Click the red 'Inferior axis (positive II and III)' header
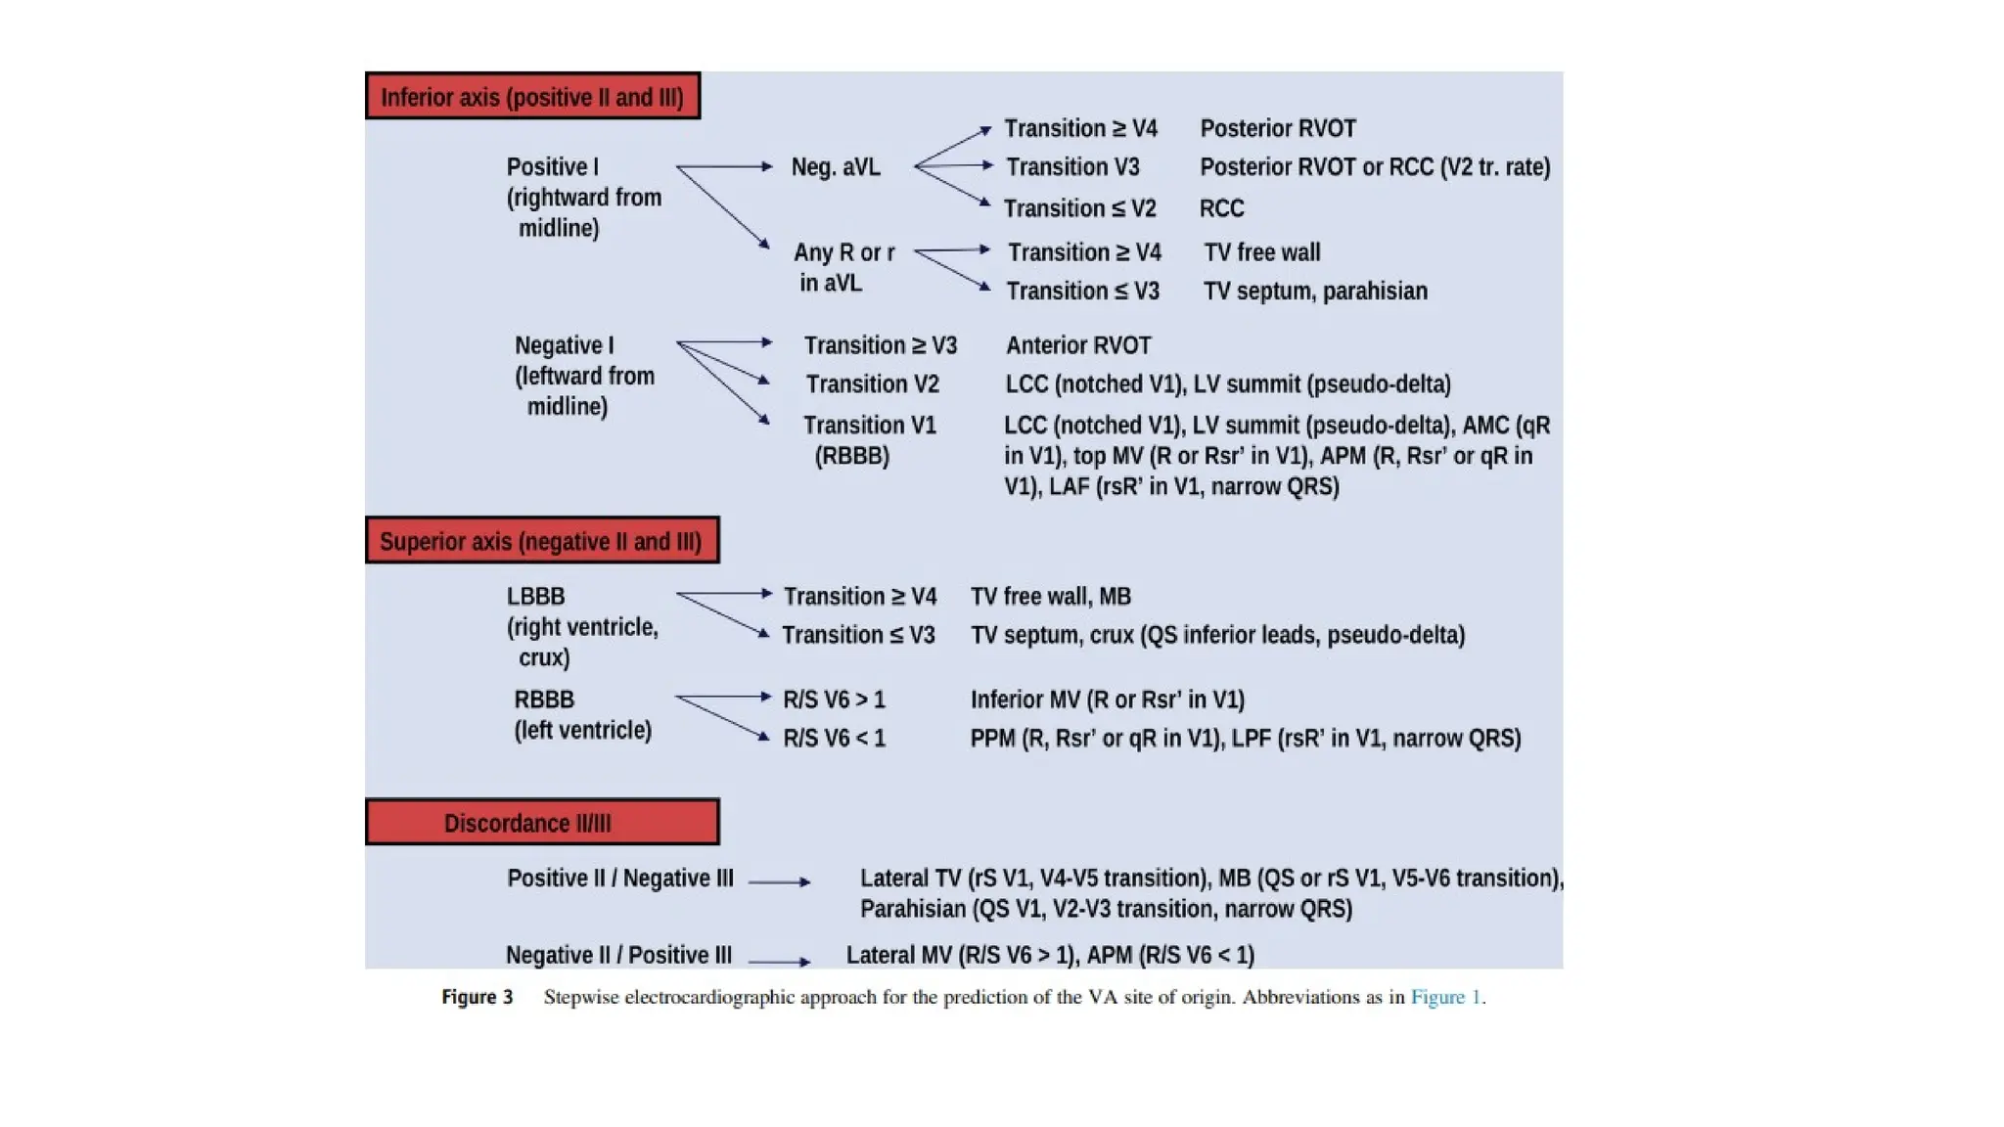(x=532, y=96)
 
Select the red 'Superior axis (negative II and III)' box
(x=542, y=540)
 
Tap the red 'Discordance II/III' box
(x=542, y=822)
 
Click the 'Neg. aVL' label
(x=836, y=167)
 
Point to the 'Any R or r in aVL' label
(x=843, y=267)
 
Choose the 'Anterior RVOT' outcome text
(x=1078, y=345)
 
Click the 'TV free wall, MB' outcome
(x=1051, y=597)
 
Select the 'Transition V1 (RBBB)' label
(x=870, y=440)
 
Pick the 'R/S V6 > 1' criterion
(x=834, y=699)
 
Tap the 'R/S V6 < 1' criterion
(x=834, y=739)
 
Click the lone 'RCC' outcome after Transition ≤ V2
(x=1222, y=208)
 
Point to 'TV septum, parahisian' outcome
(x=1315, y=291)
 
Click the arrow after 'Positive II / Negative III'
(x=780, y=881)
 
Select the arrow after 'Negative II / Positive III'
(x=780, y=962)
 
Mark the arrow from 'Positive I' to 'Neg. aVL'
(x=725, y=166)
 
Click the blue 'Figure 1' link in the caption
(x=1445, y=997)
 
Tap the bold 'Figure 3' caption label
(x=477, y=997)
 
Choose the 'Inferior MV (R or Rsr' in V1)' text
(x=1108, y=699)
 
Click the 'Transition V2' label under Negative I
(x=872, y=384)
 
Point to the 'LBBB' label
(x=535, y=597)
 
